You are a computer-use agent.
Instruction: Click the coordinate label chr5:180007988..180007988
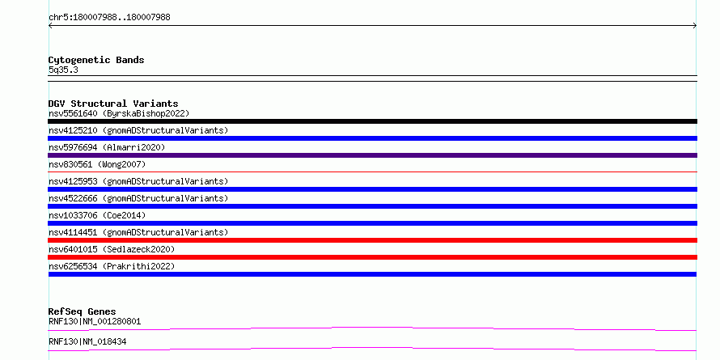tap(109, 18)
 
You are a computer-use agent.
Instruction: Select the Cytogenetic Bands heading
tap(96, 60)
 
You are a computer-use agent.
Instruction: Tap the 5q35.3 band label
tap(63, 70)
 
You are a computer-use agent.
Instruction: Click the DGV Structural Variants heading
tap(113, 104)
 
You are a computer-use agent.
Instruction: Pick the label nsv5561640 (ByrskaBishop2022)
tap(119, 113)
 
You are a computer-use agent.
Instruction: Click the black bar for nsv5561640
tap(372, 121)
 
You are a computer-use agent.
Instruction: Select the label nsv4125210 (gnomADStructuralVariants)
tap(138, 130)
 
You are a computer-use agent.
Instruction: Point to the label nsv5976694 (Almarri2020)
tap(107, 147)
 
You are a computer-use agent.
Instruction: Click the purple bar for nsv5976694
tap(372, 155)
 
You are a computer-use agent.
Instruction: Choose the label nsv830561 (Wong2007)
tap(97, 164)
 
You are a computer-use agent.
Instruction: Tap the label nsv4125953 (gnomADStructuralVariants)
tap(138, 181)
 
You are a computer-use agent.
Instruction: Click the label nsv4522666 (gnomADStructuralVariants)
tap(138, 198)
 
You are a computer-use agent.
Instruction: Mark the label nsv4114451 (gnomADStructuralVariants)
tap(138, 232)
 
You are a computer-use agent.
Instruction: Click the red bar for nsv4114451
tap(372, 240)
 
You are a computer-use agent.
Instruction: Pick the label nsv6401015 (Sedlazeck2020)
tap(112, 249)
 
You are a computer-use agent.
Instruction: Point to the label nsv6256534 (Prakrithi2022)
tap(112, 266)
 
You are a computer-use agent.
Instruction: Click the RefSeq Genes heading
tap(83, 311)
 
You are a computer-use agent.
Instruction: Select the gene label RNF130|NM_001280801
tap(95, 321)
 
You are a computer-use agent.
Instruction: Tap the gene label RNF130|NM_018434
tap(87, 341)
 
